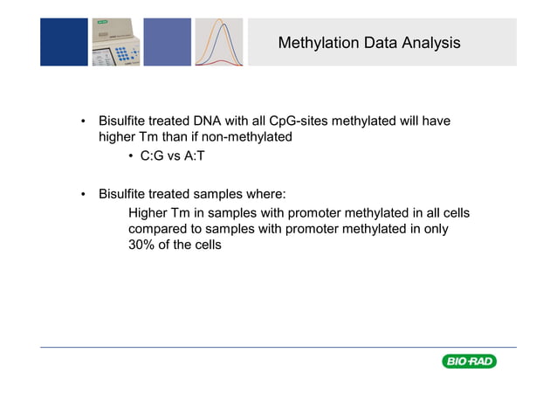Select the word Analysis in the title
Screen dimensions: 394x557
(430, 42)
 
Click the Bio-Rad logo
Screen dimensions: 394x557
(469, 362)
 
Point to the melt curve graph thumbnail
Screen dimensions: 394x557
(218, 42)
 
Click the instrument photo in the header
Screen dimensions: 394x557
(115, 42)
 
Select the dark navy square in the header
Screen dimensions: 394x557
(64, 42)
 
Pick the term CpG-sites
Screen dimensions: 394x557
(302, 121)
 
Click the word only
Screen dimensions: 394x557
(433, 229)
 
